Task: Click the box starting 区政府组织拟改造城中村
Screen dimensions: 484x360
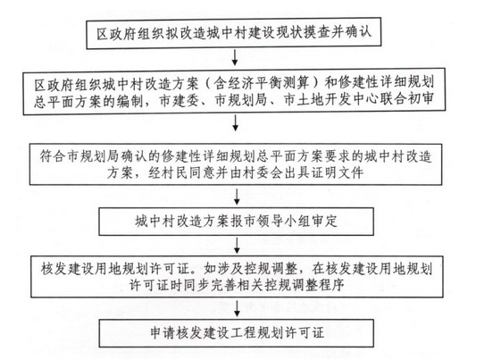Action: click(234, 33)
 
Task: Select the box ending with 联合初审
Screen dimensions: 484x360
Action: click(234, 91)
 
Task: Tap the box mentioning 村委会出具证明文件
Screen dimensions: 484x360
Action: click(236, 164)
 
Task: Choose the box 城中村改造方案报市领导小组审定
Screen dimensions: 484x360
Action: click(236, 222)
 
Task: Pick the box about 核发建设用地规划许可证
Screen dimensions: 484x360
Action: click(237, 277)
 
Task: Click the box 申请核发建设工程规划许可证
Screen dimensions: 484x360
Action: click(237, 333)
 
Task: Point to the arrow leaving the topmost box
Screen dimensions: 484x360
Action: click(235, 57)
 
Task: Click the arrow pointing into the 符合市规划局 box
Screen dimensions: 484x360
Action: click(236, 123)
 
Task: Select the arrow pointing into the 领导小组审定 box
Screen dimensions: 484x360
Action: click(237, 197)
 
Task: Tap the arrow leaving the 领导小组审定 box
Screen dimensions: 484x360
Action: click(237, 246)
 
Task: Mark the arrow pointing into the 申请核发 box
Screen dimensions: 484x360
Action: click(237, 308)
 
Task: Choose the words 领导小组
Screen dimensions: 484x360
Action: click(284, 222)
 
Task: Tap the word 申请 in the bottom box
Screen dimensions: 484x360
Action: click(163, 333)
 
